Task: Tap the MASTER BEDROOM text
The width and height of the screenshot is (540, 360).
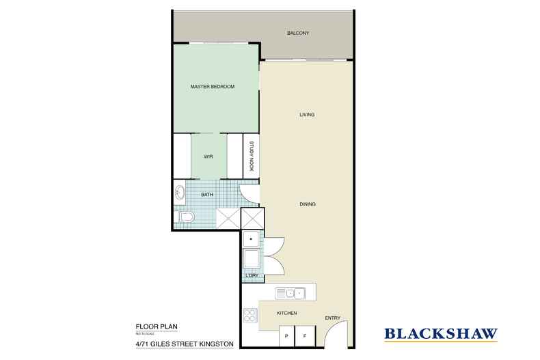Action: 212,87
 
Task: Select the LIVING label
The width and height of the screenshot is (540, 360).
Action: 307,114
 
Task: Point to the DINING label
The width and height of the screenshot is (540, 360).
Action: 307,203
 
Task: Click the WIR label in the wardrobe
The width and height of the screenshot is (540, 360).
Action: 208,156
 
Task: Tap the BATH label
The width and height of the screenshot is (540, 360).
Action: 206,195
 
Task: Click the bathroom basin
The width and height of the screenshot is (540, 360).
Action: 180,191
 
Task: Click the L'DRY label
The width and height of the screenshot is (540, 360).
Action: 251,275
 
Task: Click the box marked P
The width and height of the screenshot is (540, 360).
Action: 287,337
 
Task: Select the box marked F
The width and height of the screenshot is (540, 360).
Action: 306,337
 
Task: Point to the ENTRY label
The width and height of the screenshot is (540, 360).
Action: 332,318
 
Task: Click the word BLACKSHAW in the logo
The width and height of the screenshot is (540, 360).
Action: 440,334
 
